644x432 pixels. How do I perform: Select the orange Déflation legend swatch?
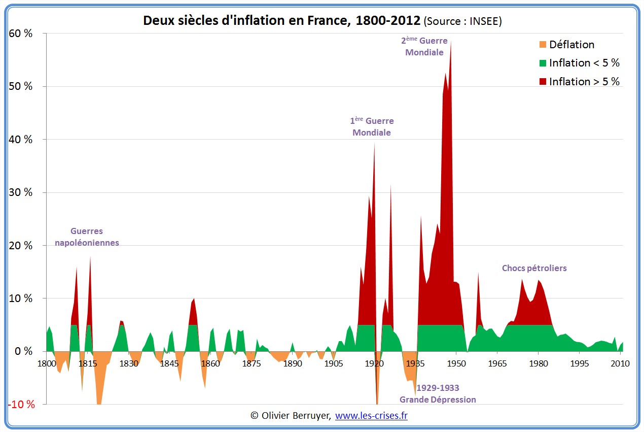click(543, 45)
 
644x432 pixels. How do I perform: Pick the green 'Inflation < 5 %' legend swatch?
click(543, 63)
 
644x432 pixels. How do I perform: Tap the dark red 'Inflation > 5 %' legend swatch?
click(543, 82)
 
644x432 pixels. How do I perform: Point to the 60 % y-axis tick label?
click(21, 34)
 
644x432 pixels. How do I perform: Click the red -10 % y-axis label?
click(22, 405)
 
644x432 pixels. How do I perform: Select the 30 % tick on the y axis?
click(21, 192)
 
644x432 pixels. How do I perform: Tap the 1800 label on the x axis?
click(46, 363)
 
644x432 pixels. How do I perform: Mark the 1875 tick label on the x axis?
click(251, 363)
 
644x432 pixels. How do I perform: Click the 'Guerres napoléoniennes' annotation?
click(87, 237)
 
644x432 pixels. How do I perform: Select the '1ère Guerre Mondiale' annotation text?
click(372, 127)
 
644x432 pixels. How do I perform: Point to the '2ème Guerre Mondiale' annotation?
click(424, 46)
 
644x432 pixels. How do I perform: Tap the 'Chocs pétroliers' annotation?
click(534, 268)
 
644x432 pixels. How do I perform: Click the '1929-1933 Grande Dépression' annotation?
click(438, 394)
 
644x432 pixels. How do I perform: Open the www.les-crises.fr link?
click(371, 416)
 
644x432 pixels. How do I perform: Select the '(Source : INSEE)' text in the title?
click(462, 21)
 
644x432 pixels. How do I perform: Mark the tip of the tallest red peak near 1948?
click(450, 42)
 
